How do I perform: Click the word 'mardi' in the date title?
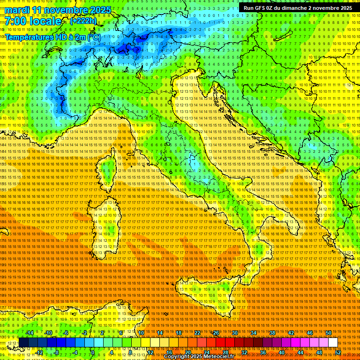[x=17, y=10]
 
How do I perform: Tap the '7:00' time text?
[x=15, y=21]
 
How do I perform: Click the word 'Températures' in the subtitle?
[x=28, y=37]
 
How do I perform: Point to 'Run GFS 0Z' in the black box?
[x=258, y=8]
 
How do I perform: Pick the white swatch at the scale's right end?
[x=333, y=343]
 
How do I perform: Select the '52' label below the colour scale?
[x=338, y=352]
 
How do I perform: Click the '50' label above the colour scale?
[x=329, y=333]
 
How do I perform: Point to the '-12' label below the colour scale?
[x=39, y=352]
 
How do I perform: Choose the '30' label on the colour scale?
[x=234, y=333]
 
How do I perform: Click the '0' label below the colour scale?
[x=93, y=352]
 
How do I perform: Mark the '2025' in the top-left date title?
[x=100, y=10]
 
